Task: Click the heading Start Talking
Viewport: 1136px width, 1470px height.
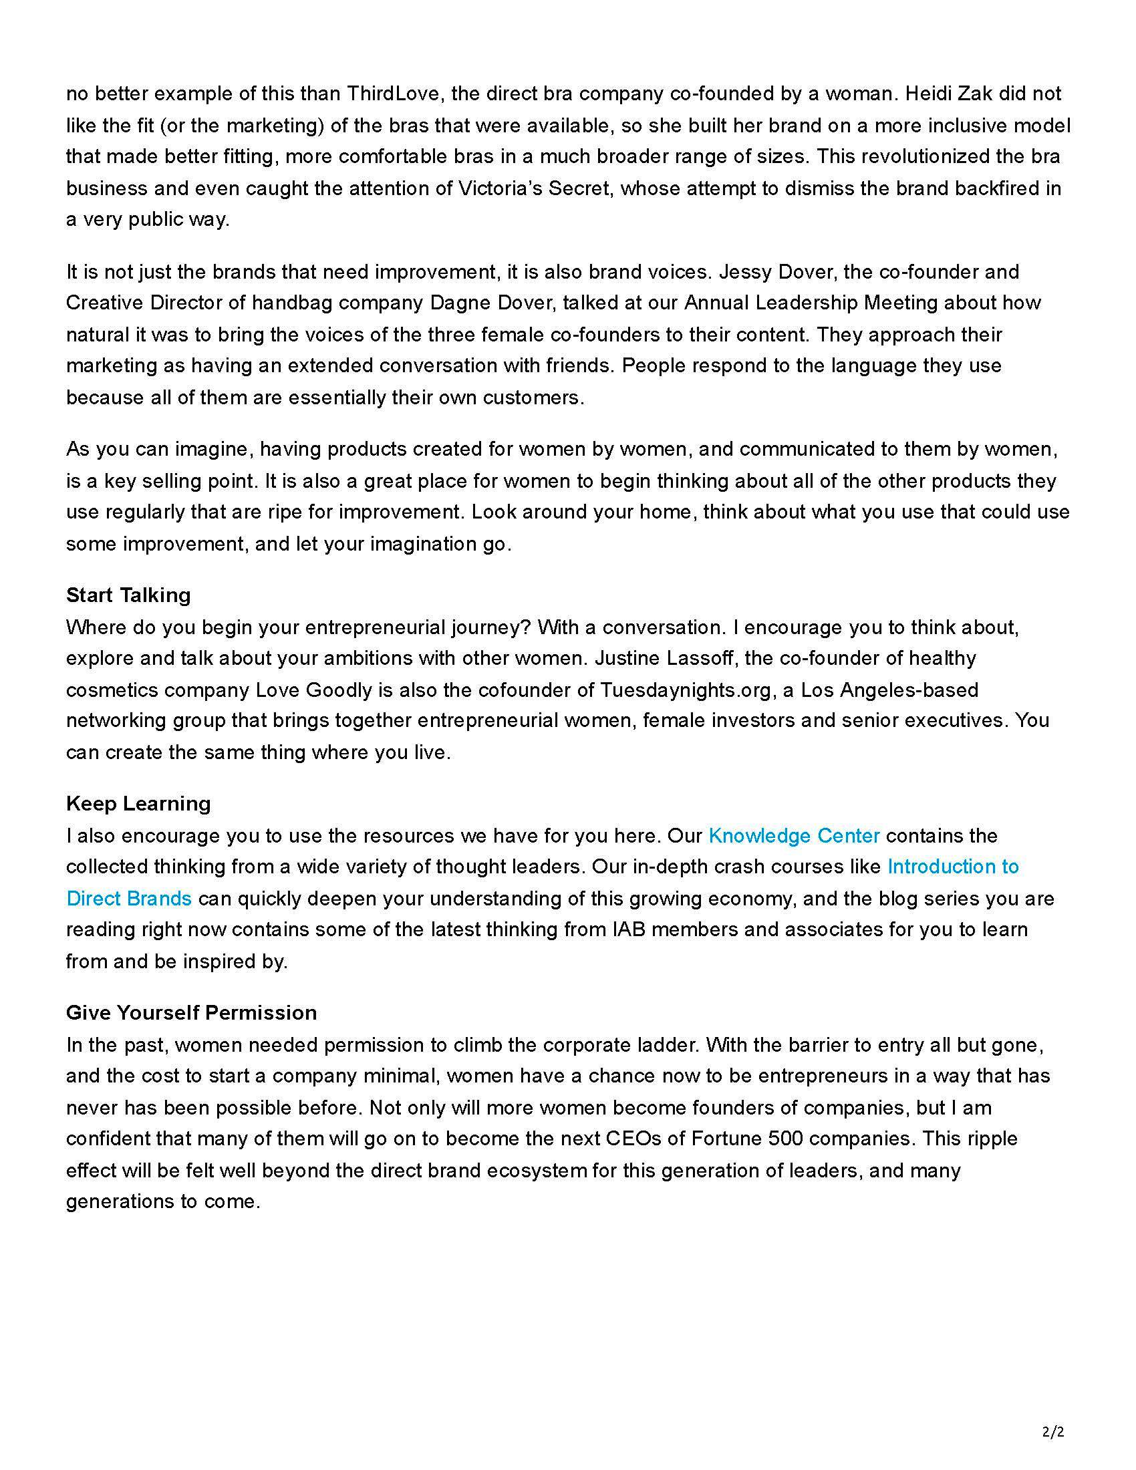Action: (x=128, y=595)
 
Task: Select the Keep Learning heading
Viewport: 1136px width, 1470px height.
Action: (x=138, y=803)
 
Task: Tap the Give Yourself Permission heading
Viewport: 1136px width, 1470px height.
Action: (x=191, y=1012)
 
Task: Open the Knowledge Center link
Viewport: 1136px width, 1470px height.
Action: (x=794, y=835)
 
